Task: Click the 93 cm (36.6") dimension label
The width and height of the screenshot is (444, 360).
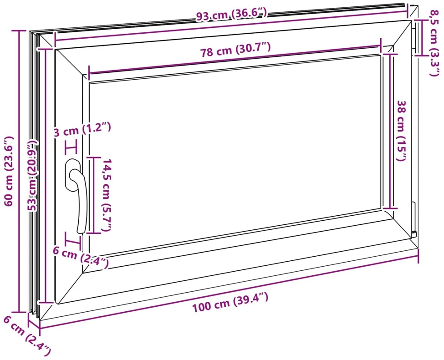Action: click(x=231, y=15)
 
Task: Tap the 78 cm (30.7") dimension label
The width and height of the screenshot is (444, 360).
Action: click(x=235, y=50)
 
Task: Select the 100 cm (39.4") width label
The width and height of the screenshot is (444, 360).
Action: click(x=230, y=302)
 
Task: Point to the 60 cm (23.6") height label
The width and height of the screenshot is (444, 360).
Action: click(x=9, y=171)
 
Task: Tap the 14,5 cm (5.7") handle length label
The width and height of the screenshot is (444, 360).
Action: click(x=107, y=195)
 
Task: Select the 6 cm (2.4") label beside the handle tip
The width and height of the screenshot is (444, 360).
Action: click(x=81, y=257)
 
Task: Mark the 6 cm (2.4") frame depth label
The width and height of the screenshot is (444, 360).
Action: click(x=27, y=336)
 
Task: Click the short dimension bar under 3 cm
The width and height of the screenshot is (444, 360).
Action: click(x=71, y=147)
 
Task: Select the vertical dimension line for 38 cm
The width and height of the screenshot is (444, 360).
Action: click(x=390, y=131)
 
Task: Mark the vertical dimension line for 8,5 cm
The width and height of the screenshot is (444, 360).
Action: click(x=422, y=37)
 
